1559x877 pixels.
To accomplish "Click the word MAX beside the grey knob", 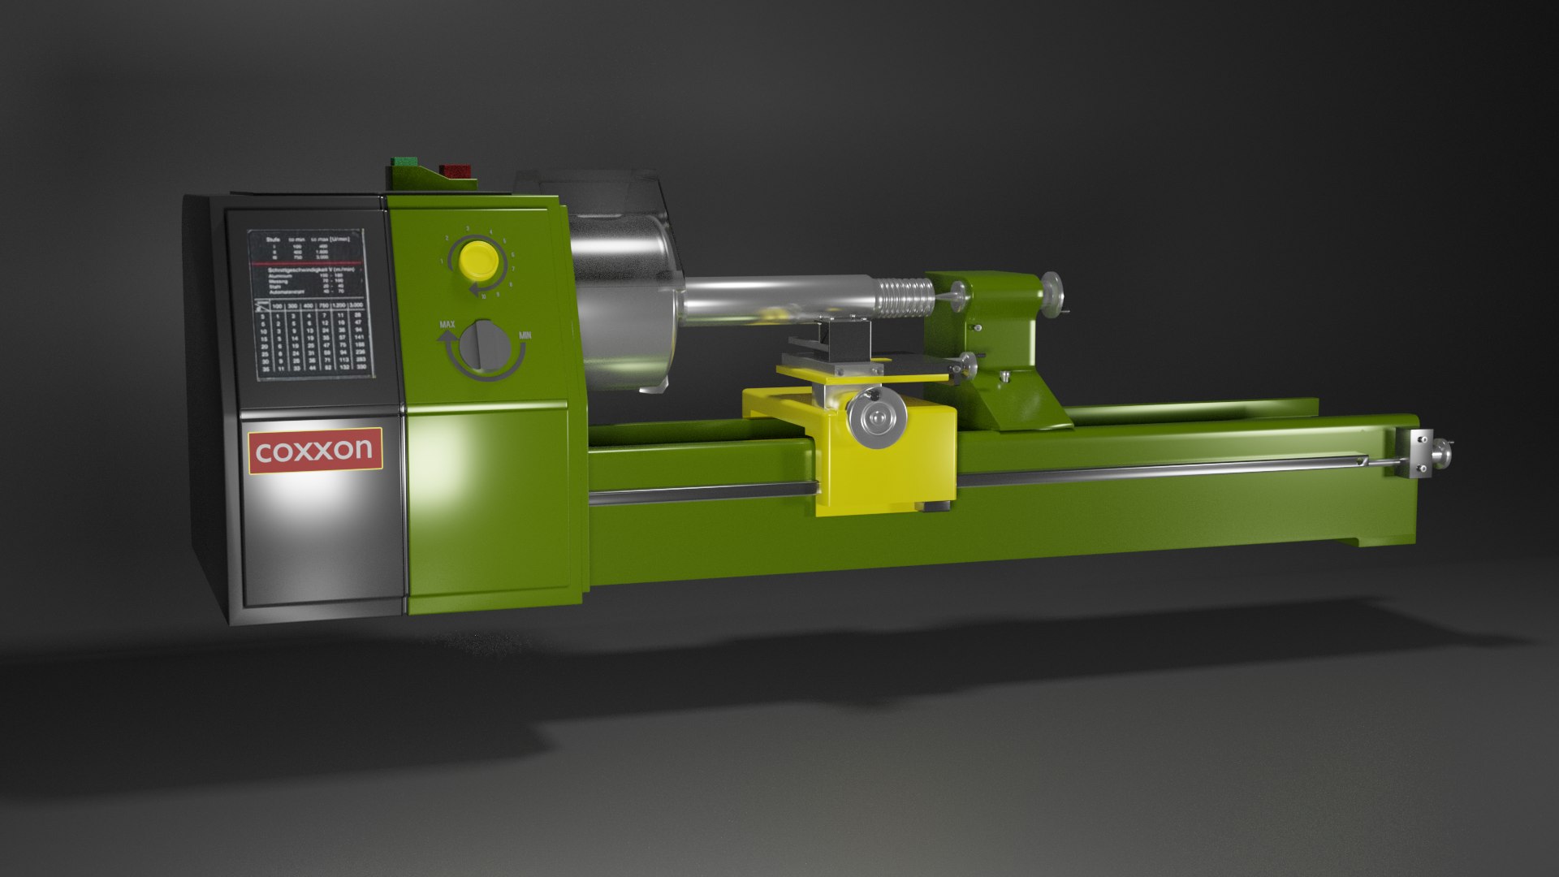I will pyautogui.click(x=447, y=325).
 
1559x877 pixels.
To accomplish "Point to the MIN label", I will pyautogui.click(x=525, y=335).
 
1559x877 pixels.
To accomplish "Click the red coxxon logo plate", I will pyautogui.click(x=314, y=450).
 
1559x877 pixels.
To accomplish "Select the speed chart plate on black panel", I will pyautogui.click(x=309, y=305).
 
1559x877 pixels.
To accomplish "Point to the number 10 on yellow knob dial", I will pyautogui.click(x=484, y=296).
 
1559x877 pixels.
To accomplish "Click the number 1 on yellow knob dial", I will pyautogui.click(x=442, y=262).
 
